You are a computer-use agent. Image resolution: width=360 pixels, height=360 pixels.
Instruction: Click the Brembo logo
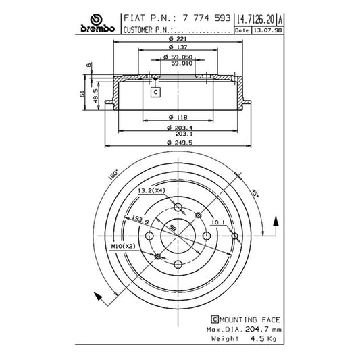(97, 24)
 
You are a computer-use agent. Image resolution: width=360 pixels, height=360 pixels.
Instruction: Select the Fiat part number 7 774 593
(206, 18)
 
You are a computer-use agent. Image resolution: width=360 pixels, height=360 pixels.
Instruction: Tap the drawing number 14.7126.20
(255, 20)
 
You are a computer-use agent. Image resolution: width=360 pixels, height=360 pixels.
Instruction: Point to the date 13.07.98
(268, 30)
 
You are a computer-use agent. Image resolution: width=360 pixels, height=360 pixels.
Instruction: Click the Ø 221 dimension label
(178, 38)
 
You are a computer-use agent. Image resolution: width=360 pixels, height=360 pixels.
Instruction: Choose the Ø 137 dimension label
(178, 47)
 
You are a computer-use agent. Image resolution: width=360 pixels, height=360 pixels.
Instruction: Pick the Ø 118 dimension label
(178, 118)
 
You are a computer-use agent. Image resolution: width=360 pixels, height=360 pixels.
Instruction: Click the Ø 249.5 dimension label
(180, 143)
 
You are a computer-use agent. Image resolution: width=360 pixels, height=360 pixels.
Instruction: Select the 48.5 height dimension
(95, 96)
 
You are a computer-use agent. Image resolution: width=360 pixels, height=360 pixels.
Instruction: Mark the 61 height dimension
(82, 94)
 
